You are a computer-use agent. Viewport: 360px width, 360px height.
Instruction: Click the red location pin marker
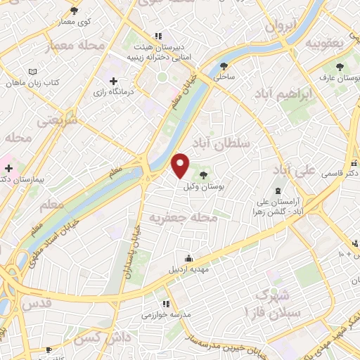pyautogui.click(x=181, y=165)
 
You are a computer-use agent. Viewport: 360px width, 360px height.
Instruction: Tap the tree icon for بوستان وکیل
pyautogui.click(x=204, y=175)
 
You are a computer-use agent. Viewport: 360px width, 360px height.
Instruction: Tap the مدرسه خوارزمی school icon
pyautogui.click(x=165, y=304)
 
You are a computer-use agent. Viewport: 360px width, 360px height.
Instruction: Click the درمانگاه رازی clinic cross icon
pyautogui.click(x=113, y=81)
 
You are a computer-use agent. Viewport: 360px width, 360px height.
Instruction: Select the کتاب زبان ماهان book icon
pyautogui.click(x=32, y=72)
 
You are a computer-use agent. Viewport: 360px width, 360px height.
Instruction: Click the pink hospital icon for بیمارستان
pyautogui.click(x=8, y=168)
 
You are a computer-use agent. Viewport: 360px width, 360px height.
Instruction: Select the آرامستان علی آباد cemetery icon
pyautogui.click(x=278, y=191)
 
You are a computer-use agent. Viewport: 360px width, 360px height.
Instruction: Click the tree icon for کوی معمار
pyautogui.click(x=75, y=11)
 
